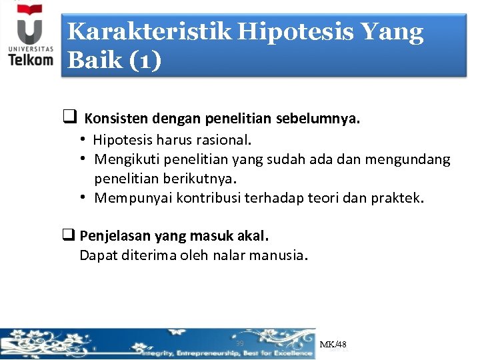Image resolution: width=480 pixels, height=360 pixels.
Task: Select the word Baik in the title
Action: pos(93,61)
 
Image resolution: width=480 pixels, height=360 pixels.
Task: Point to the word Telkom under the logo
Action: pos(31,59)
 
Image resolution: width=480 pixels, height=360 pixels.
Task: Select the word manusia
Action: pos(279,255)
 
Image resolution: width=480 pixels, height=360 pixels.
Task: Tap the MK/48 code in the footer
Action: pos(333,345)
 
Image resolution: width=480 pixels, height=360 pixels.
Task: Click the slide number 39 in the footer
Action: pos(239,343)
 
